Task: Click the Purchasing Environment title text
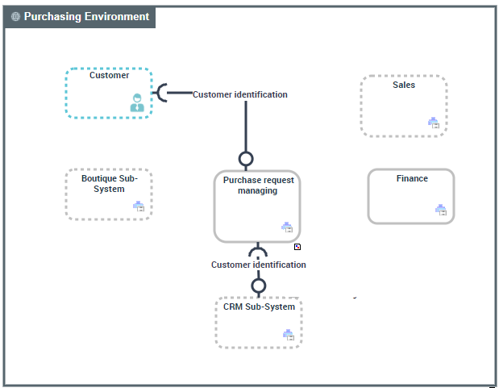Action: tap(86, 17)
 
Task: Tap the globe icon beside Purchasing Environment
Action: tap(16, 17)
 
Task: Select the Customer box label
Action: tap(109, 76)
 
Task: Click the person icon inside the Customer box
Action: tap(137, 102)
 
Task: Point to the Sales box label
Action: tap(404, 85)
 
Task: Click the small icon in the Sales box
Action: tap(433, 123)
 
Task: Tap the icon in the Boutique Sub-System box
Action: tap(138, 207)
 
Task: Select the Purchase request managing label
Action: tap(258, 186)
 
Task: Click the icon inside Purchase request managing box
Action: tap(286, 227)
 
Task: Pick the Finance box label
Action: tap(412, 179)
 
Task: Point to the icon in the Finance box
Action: tap(440, 210)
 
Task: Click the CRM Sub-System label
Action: tap(259, 307)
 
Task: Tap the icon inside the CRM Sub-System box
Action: tap(288, 334)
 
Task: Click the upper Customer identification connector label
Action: tap(239, 94)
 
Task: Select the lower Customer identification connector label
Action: tap(258, 265)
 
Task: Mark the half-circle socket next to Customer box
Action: tap(162, 94)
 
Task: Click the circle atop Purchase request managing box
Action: tap(246, 159)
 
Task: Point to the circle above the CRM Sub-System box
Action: tap(258, 286)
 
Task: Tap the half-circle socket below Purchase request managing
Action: tap(258, 251)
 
